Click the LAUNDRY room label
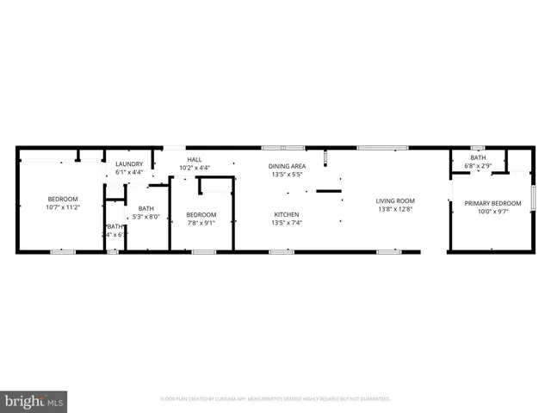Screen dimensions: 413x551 [x=129, y=164]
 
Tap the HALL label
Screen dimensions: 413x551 [x=195, y=159]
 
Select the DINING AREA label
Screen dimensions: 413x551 [x=287, y=166]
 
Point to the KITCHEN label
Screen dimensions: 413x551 [x=287, y=214]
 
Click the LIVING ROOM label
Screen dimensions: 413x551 [x=395, y=201]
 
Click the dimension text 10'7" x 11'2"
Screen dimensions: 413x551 [x=62, y=206]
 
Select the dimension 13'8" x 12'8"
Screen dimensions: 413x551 [x=395, y=209]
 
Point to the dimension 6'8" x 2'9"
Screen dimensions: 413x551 [x=477, y=165]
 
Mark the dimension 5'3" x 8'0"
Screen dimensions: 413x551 [x=145, y=216]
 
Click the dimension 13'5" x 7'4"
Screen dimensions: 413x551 [x=287, y=222]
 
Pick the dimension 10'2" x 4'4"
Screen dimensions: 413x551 [x=195, y=167]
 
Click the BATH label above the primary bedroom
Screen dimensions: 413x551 [x=477, y=157]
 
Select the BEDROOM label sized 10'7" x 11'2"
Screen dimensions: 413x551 [x=62, y=199]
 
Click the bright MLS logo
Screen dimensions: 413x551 [x=34, y=401]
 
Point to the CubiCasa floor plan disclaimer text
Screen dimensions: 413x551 [x=275, y=398]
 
